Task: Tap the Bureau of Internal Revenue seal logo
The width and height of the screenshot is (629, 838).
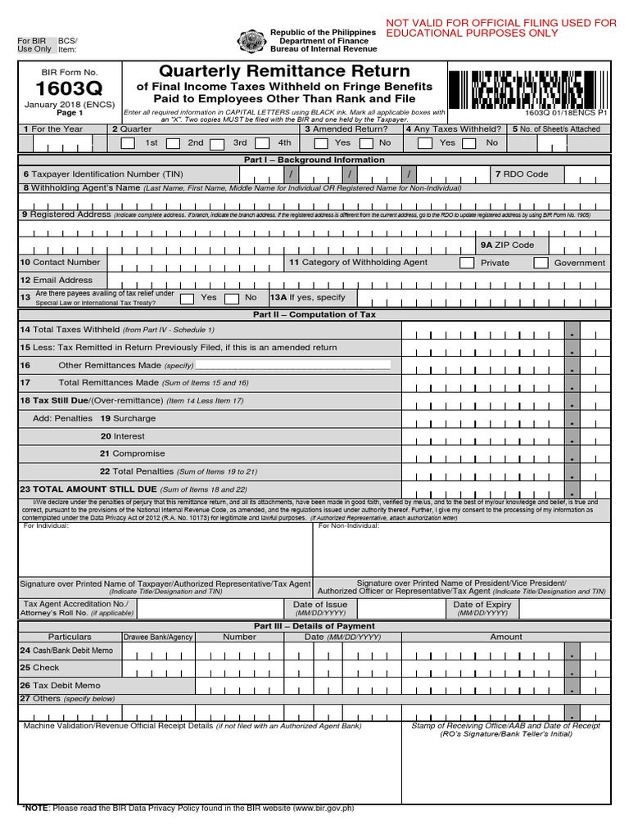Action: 250,41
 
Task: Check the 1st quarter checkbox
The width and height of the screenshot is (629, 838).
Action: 128,143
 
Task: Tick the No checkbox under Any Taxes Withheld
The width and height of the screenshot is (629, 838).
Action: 469,143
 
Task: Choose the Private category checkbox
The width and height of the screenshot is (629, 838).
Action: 467,263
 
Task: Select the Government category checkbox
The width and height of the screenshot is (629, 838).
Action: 541,263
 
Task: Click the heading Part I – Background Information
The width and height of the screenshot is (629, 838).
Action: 314,160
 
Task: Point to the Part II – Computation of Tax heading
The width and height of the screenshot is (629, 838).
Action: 314,314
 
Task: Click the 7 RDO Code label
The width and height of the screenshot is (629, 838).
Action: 522,174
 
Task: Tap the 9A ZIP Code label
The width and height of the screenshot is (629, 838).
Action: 507,245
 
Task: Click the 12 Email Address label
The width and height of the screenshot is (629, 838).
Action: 57,280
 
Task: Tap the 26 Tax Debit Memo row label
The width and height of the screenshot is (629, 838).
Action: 60,685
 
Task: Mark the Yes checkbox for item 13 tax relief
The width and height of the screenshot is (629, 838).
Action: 187,298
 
